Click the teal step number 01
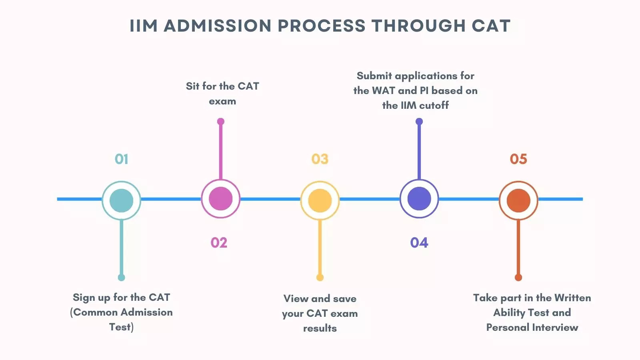(121, 159)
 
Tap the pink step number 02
(219, 243)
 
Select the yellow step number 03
(320, 159)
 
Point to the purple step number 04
(419, 243)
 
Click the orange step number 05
(518, 159)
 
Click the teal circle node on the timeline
(121, 200)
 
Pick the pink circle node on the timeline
(220, 199)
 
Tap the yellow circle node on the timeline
(320, 200)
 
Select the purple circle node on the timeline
(419, 199)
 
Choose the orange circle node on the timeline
(518, 200)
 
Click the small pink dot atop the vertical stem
(220, 122)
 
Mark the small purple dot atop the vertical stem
(419, 122)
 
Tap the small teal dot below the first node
(121, 277)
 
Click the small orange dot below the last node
(518, 277)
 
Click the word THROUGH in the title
(418, 26)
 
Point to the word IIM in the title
(144, 26)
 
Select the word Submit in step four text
(374, 76)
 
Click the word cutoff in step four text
(434, 105)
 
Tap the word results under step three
(320, 328)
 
